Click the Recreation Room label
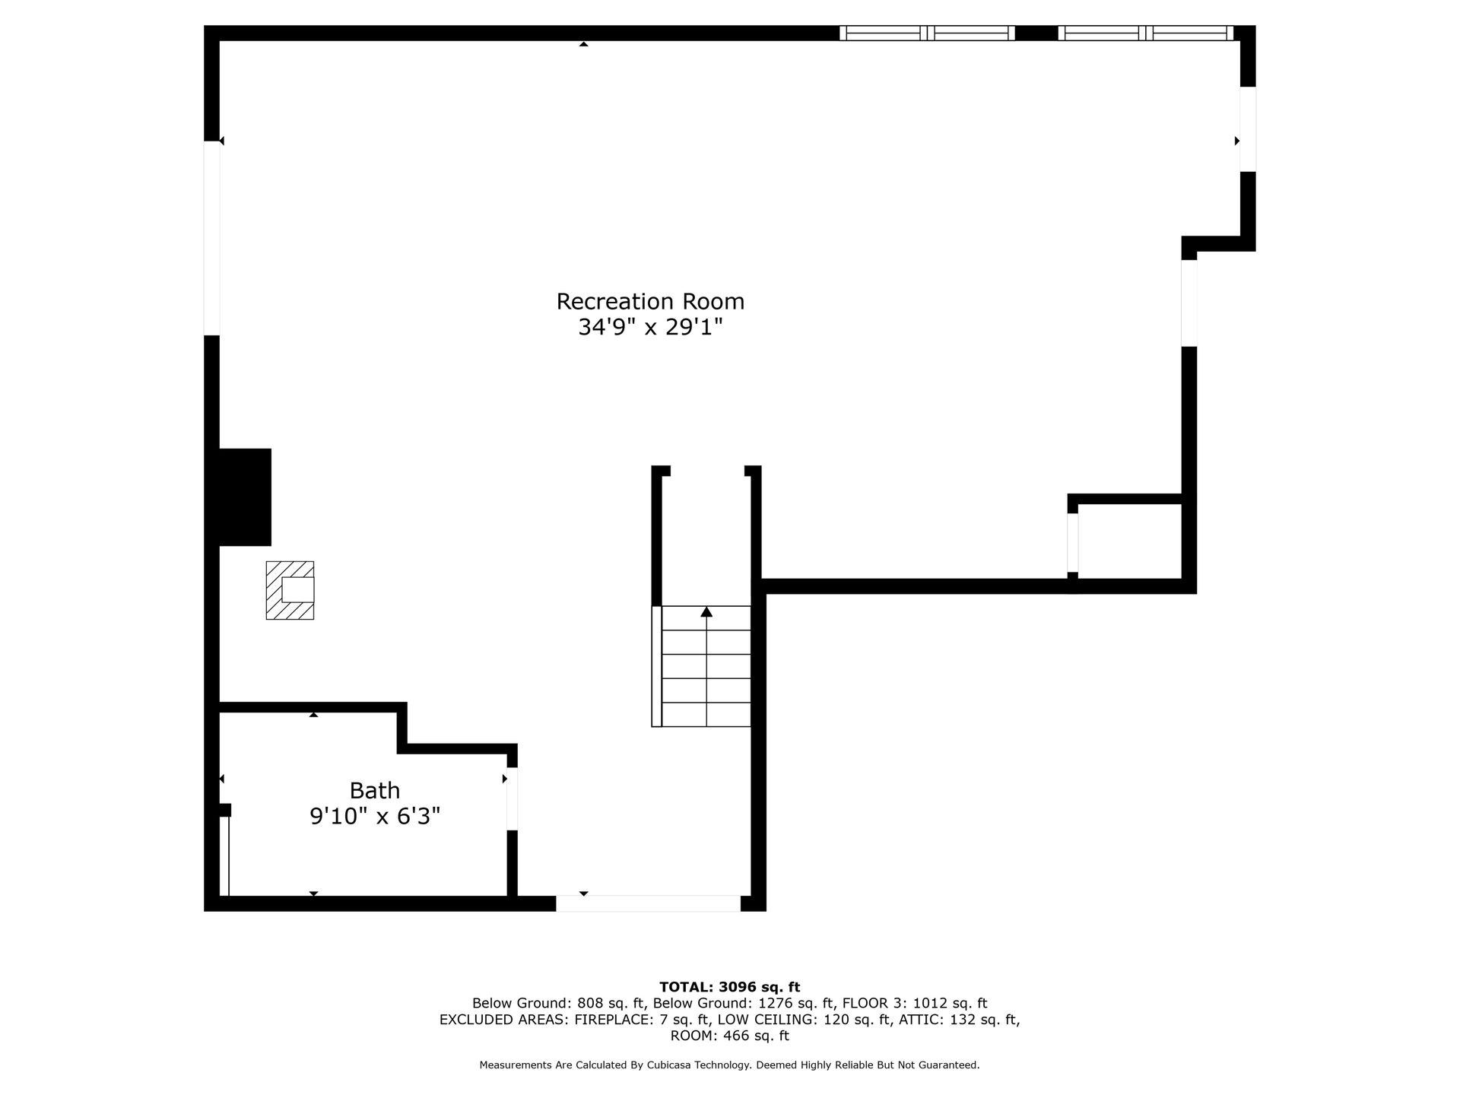[x=650, y=302]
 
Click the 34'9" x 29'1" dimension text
[x=650, y=328]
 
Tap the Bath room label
[x=375, y=791]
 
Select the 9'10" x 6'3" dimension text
[x=375, y=817]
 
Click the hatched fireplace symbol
[x=290, y=590]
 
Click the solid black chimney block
[x=245, y=497]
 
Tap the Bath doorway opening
[x=512, y=799]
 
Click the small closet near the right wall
[x=1129, y=541]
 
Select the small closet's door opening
[x=1073, y=543]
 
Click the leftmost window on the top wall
[x=927, y=33]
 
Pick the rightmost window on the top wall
[x=1145, y=33]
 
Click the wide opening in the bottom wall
[x=648, y=903]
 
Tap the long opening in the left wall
[x=212, y=238]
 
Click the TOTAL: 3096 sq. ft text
[x=730, y=987]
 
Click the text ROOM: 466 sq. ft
[x=730, y=1036]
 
